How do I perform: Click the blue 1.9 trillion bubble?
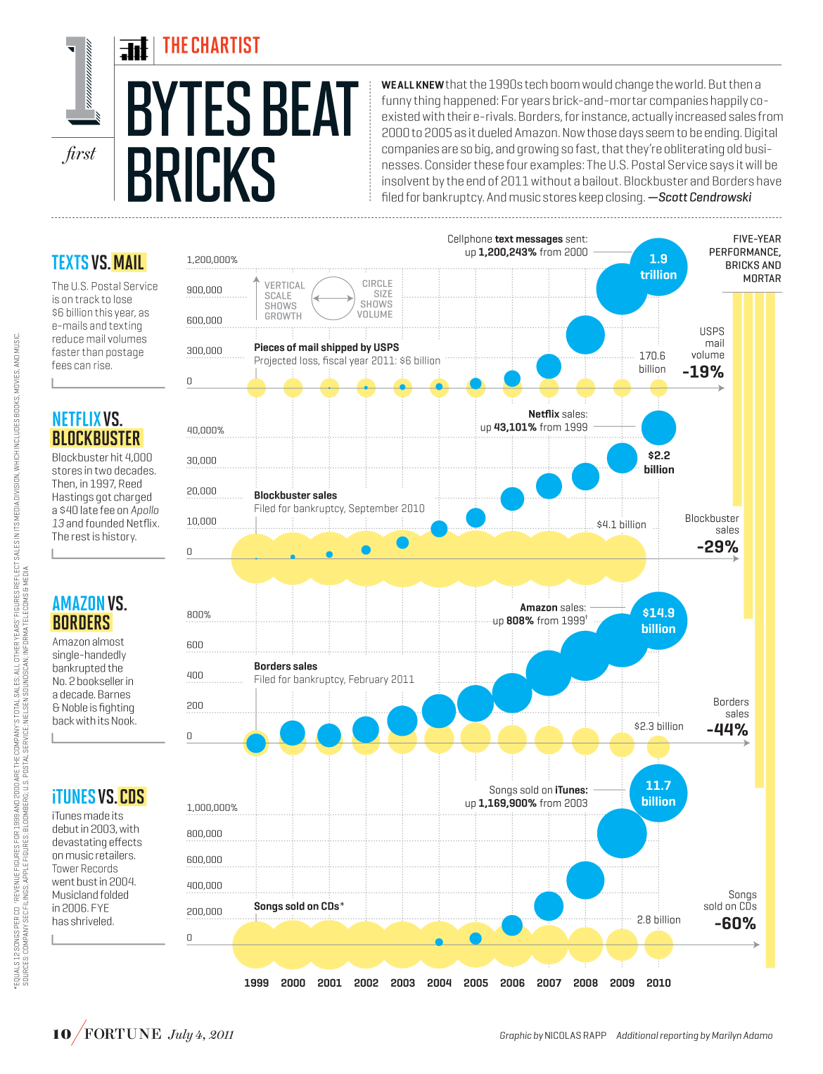click(x=658, y=267)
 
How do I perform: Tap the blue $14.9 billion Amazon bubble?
click(x=658, y=621)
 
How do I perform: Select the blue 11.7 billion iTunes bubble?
click(x=658, y=793)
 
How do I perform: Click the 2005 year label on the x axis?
click(x=476, y=983)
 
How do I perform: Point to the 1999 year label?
click(x=256, y=983)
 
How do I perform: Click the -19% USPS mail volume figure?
click(x=703, y=372)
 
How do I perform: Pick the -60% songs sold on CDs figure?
click(x=734, y=923)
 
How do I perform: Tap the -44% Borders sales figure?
click(x=727, y=730)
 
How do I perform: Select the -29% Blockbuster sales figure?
click(x=717, y=546)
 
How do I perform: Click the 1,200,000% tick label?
click(x=212, y=260)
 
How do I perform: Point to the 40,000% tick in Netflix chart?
click(x=205, y=430)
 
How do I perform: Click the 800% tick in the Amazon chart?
click(x=198, y=614)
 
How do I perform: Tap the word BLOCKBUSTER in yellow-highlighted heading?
click(x=96, y=438)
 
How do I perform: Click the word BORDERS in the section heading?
click(x=82, y=622)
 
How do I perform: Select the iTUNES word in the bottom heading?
click(x=74, y=797)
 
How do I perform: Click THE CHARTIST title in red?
click(x=211, y=46)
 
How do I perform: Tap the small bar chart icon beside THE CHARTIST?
click(x=134, y=49)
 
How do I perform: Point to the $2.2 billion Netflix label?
click(x=659, y=462)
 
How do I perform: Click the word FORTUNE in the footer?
click(x=123, y=1033)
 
